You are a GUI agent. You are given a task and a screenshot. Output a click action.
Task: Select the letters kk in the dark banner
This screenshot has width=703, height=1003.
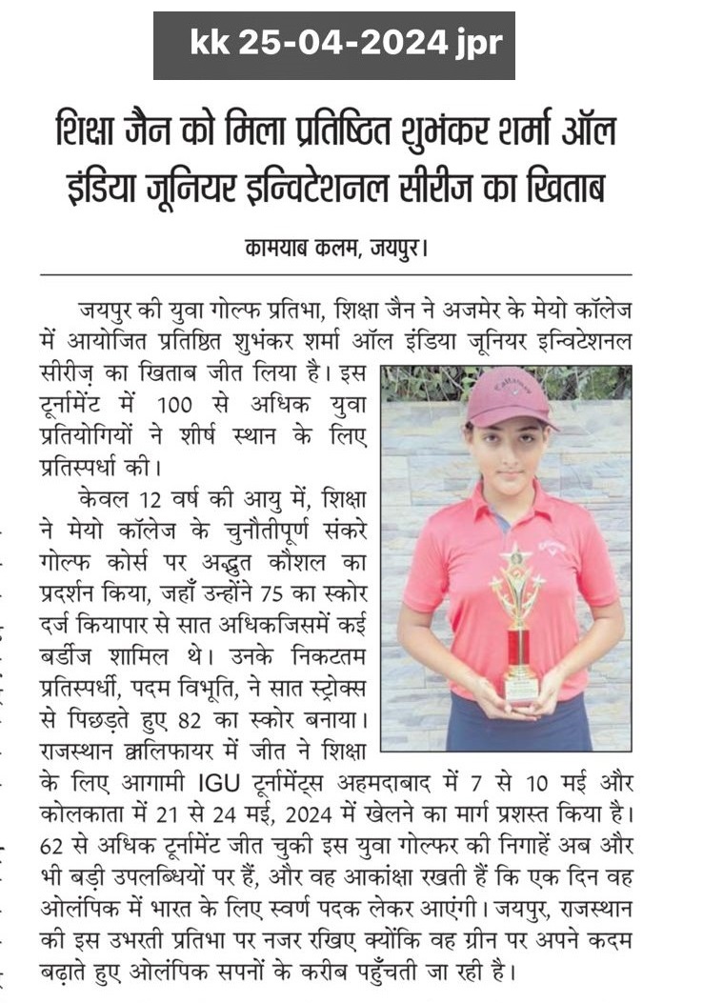pos(205,43)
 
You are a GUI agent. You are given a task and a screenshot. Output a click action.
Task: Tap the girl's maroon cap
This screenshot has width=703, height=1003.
pos(512,397)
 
